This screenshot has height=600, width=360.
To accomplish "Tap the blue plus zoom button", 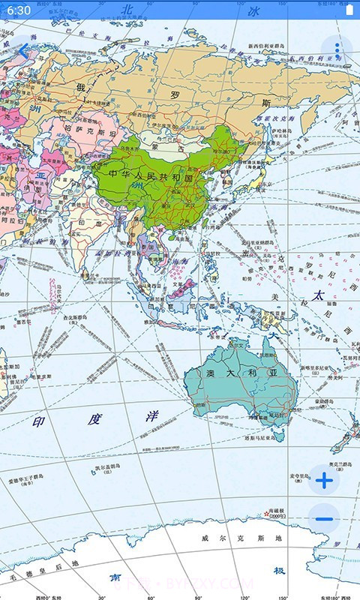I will (x=324, y=481).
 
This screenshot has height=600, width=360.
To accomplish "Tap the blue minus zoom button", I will (x=324, y=519).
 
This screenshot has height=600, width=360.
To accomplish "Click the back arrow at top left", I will (x=23, y=50).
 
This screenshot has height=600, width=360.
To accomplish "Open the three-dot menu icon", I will (x=337, y=50).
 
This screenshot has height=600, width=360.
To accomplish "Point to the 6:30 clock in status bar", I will (x=19, y=10).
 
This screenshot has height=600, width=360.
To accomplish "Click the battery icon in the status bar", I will (x=348, y=10).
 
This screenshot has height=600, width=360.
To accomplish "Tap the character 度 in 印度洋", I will (x=94, y=419).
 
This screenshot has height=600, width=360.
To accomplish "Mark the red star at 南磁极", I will (x=267, y=514).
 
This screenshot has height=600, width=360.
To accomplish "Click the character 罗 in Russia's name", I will (x=175, y=95).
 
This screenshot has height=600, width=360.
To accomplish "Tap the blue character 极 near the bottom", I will (x=279, y=571).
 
